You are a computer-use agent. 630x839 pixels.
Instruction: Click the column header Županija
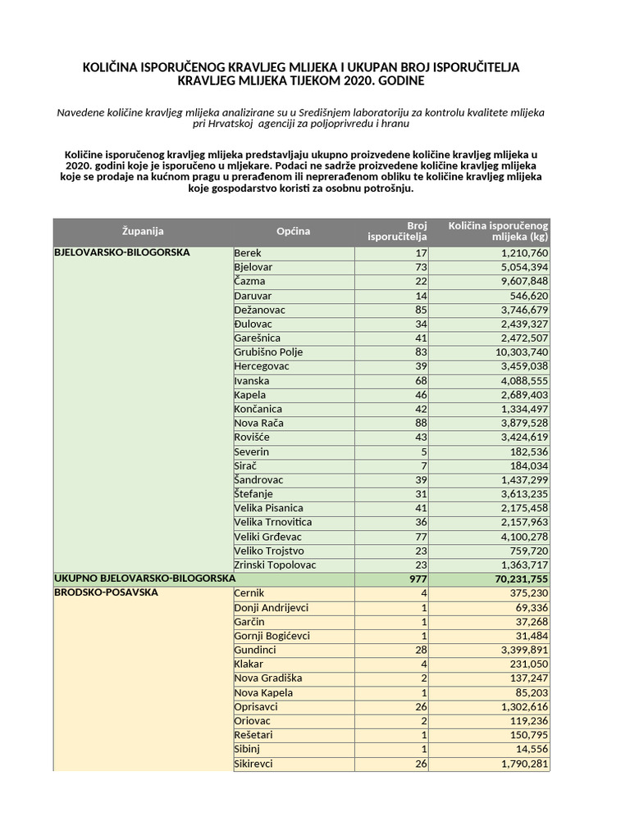pos(143,232)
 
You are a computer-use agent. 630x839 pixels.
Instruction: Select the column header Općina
pos(293,232)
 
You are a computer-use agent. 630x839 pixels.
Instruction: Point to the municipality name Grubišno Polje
pos(268,352)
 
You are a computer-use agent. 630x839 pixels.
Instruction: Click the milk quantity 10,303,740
pos(517,352)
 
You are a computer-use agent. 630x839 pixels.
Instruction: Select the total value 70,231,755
pos(517,579)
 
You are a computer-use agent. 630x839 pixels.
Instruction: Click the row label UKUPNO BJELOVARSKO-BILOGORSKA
pos(144,579)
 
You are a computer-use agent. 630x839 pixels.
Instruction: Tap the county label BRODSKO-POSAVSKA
pos(106,593)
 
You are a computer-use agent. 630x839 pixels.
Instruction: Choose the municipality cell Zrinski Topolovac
pos(275,565)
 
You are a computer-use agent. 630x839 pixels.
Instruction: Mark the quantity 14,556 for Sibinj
pos(527,750)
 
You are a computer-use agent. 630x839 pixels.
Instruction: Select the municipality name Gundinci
pos(256,650)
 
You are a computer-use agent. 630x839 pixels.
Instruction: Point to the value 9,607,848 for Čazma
pos(519,281)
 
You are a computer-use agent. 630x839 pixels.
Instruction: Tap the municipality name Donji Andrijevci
pos(272,607)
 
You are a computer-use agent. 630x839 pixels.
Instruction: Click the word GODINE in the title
pos(397,81)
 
